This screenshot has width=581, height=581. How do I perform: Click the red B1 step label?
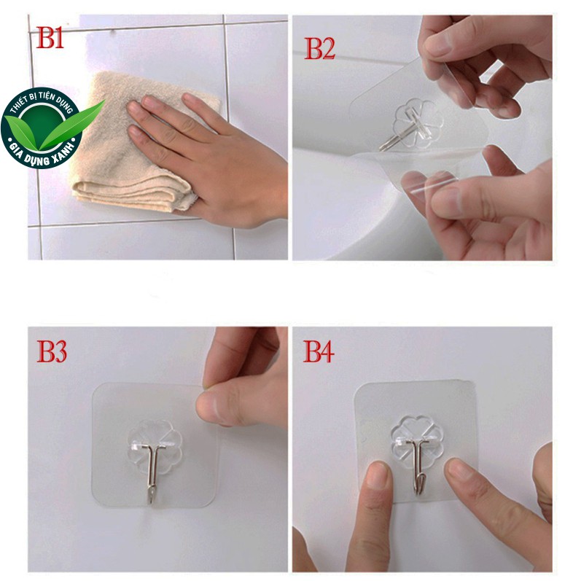pos(50,37)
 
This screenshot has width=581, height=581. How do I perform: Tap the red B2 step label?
pos(319,49)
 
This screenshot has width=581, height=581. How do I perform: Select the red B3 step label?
pos(52,351)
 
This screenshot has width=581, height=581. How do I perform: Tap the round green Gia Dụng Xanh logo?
pos(42,128)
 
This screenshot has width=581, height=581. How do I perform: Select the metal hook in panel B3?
pos(152,468)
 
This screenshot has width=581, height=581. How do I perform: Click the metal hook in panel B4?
pos(417,466)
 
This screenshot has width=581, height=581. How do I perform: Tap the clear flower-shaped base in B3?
pos(155,445)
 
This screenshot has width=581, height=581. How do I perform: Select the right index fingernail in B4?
pos(459,468)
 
